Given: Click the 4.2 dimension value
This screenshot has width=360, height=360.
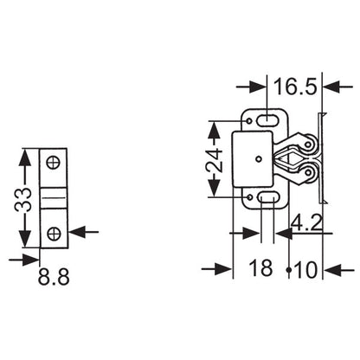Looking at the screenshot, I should click(x=307, y=223).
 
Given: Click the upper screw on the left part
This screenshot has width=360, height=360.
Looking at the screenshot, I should click(x=55, y=161).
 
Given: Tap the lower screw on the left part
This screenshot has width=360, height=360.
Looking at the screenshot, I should click(x=55, y=232).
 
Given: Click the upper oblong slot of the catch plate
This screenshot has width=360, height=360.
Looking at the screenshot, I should click(x=268, y=117).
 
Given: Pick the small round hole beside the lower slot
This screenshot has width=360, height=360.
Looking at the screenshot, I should click(x=252, y=198).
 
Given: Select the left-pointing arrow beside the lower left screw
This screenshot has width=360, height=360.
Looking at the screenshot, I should click(x=75, y=232).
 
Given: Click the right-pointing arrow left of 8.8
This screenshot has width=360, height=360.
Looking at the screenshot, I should click(x=31, y=258).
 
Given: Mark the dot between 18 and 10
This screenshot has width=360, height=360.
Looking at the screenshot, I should click(x=288, y=269).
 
